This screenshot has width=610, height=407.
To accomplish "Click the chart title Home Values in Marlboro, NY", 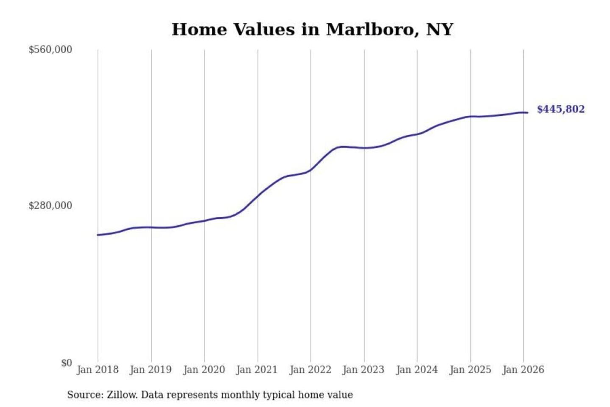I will point(312,30).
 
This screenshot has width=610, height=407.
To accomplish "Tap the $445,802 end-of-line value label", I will point(560,109).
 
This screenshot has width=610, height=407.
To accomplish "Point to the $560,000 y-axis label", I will point(50,50).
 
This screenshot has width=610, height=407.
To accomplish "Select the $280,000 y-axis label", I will point(50,206).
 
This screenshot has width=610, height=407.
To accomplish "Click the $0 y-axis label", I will point(67,363).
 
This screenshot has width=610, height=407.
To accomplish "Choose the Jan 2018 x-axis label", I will point(97,370).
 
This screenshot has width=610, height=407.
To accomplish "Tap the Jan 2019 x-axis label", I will point(151,370).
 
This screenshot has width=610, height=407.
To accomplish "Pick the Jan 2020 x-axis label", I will point(204,370).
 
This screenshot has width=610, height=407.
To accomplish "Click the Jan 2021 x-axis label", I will point(257,370).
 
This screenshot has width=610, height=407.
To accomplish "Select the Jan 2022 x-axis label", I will point(310,370).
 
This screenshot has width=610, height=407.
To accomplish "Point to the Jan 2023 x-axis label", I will point(363,370).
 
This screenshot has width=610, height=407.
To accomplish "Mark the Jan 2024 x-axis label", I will point(416,370).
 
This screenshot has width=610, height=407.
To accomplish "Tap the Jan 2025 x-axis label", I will point(470,370).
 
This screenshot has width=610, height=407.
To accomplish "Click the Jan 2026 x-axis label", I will point(523,370).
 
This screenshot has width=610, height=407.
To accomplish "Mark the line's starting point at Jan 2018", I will point(98,235).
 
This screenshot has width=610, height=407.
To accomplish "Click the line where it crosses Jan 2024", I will point(417,134).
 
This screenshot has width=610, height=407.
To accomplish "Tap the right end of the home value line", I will point(527,113).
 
